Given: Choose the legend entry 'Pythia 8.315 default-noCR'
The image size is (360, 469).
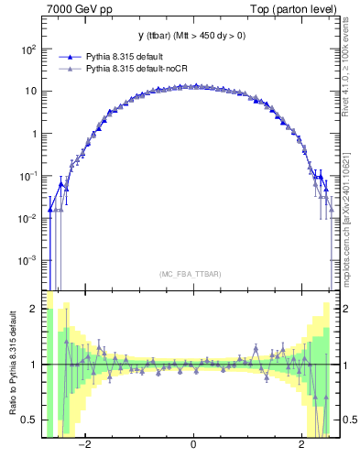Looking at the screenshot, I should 138,68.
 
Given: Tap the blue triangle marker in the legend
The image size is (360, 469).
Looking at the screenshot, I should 68,56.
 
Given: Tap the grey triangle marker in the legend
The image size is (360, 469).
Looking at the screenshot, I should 68,68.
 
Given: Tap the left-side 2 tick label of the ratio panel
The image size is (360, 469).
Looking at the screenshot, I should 34,310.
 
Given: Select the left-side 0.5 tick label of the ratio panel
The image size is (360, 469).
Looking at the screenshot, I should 30,420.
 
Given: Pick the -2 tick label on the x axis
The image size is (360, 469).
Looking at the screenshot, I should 83,445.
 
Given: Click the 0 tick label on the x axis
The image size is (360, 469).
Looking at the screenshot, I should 193,445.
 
